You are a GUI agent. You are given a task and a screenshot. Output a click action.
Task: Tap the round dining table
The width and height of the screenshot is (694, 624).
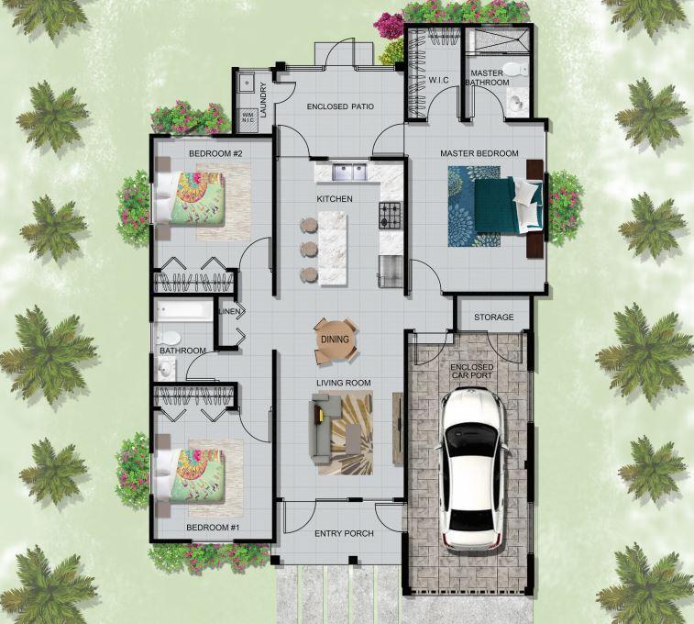pos(331,340)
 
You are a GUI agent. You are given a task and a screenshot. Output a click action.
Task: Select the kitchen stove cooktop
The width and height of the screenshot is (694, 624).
pos(391,216)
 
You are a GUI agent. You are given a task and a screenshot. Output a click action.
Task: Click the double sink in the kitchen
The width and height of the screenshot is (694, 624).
pos(348,170)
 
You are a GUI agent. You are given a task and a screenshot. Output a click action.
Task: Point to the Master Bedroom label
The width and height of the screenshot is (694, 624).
pos(479,153)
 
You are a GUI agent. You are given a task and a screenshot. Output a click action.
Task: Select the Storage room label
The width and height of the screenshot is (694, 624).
pos(493,318)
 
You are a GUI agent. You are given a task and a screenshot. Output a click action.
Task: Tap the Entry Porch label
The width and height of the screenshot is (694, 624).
pos(343,534)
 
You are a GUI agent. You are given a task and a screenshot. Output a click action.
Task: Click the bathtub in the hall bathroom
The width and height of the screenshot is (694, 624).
pos(182,312)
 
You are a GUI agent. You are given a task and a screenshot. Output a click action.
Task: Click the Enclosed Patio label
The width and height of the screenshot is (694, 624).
pos(340,107)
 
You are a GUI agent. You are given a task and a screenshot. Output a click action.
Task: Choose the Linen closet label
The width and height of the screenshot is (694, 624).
pos(229,311)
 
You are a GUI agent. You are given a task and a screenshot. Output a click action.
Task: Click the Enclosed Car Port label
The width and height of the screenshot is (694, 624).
pos(472,371)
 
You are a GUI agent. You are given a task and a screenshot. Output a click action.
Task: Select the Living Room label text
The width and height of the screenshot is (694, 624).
pos(343,383)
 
